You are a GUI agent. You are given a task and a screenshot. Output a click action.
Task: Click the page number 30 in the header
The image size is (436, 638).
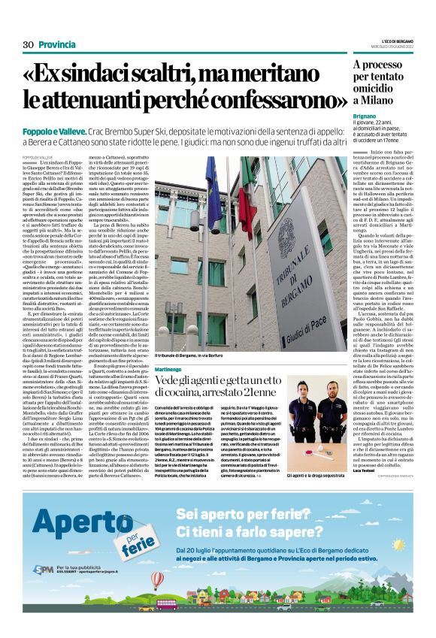point(28,45)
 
